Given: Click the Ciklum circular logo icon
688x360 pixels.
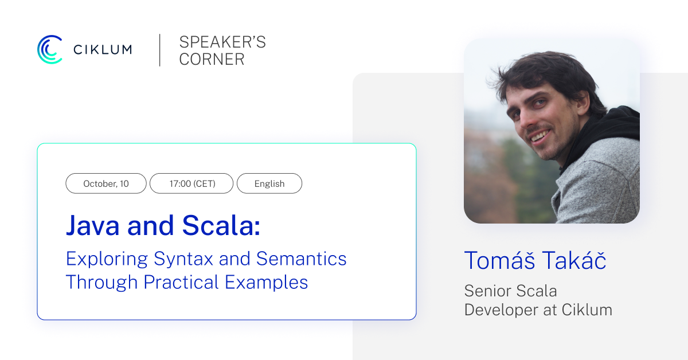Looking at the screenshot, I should (x=50, y=49).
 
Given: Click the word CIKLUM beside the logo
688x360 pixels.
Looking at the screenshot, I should (x=103, y=50).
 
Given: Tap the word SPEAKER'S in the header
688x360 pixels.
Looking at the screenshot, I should (x=222, y=42).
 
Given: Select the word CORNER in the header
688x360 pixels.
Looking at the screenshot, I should (x=212, y=59).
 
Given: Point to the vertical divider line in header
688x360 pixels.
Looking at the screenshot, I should (x=160, y=50).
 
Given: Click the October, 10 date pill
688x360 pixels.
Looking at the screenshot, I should (x=106, y=183).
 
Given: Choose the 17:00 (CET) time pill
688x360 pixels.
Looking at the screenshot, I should (x=191, y=183).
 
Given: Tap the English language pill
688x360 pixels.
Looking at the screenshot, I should (x=269, y=183).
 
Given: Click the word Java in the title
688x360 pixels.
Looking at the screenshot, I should (x=93, y=225).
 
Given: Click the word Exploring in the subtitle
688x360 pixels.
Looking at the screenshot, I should (x=107, y=259).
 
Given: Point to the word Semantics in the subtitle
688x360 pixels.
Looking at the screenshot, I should (x=301, y=259).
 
